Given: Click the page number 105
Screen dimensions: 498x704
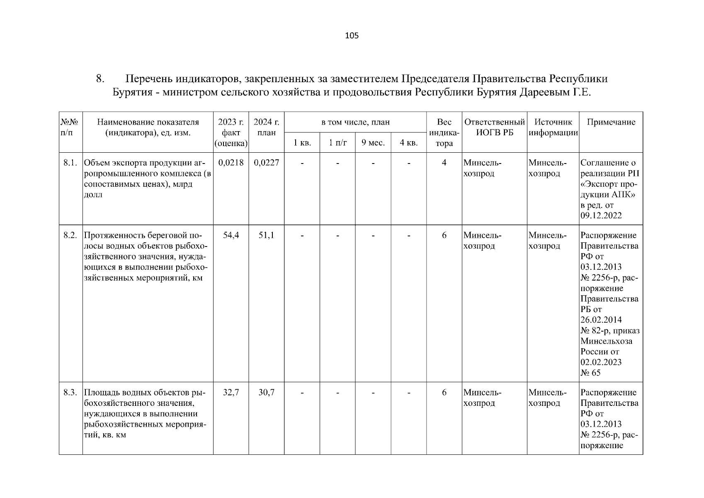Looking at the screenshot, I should [x=352, y=36].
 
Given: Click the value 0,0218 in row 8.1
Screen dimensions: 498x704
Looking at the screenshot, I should [x=231, y=163].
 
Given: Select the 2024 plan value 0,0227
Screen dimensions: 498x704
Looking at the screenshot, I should [x=266, y=163].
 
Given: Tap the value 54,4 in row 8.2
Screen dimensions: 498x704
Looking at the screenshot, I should [x=231, y=235].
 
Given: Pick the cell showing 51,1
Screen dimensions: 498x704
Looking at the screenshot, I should [x=266, y=235].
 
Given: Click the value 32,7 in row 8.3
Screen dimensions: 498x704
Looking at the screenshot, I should [x=231, y=392].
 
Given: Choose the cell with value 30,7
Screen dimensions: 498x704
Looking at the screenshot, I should [x=266, y=392].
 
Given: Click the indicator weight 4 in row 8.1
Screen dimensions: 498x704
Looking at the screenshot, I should [x=444, y=163].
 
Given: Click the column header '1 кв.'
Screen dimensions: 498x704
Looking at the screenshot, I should [x=302, y=143].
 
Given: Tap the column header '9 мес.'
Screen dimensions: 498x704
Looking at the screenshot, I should [x=373, y=143].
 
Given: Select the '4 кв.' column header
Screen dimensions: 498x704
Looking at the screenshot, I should [x=408, y=143].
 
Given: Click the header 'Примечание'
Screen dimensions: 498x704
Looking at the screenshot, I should [x=611, y=122].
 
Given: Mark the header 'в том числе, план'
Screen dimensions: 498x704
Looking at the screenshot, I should [x=355, y=122].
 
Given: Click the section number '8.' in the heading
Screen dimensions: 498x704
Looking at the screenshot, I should [x=100, y=78].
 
